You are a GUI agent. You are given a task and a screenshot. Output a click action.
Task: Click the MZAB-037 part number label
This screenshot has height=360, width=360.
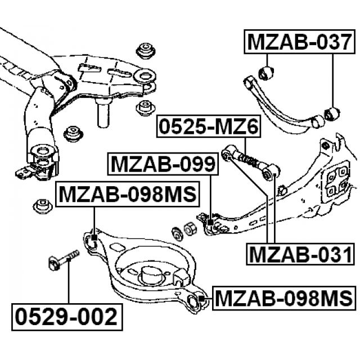click(x=301, y=42)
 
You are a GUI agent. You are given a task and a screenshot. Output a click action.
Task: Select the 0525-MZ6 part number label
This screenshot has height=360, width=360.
click(x=208, y=128)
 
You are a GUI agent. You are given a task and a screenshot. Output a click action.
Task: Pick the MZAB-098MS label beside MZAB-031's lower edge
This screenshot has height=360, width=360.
click(x=283, y=297)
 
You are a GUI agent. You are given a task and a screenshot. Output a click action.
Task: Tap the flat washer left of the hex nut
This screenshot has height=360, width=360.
click(x=176, y=232)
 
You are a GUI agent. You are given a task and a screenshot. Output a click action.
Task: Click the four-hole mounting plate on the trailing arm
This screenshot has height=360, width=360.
click(x=336, y=182)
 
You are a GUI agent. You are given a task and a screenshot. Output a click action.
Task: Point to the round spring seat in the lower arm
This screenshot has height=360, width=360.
click(x=150, y=276)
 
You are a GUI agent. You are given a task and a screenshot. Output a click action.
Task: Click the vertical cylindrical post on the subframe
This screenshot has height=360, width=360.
click(x=104, y=114)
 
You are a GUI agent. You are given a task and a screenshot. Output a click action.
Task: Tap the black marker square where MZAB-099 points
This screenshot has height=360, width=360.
click(x=210, y=223)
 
